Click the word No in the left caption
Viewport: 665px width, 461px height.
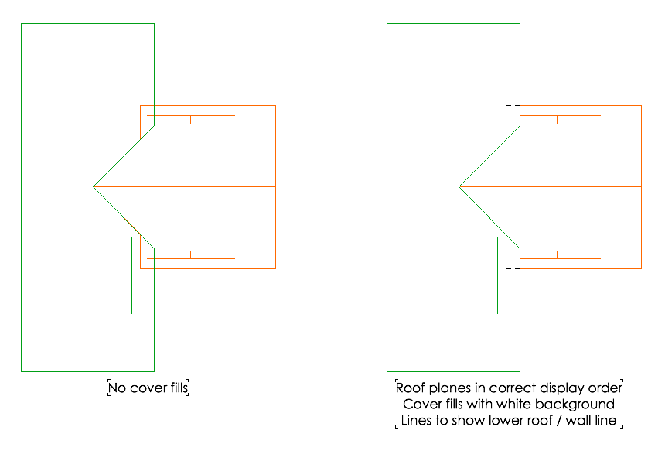[118, 388]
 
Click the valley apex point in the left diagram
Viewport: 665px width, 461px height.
[94, 187]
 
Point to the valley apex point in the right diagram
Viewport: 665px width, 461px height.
[459, 187]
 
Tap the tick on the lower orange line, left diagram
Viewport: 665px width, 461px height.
[190, 254]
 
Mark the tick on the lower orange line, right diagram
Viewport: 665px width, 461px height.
[557, 254]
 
